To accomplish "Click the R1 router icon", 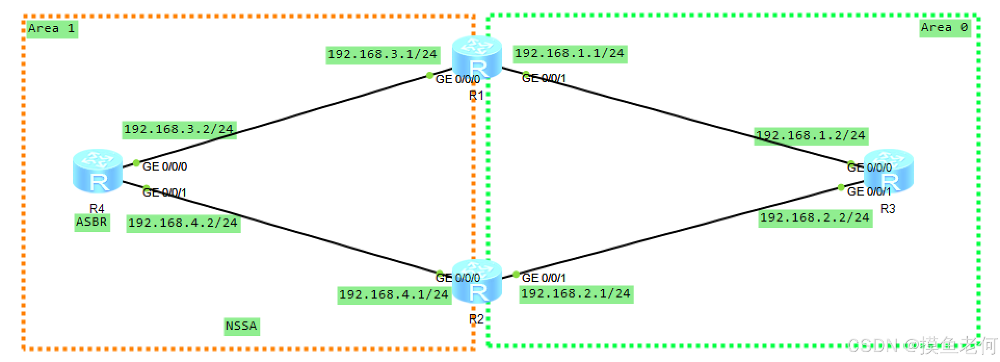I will pos(477,57).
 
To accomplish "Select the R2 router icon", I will pos(477,281).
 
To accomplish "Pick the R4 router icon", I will pos(97,170).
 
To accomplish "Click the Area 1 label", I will pos(51,29).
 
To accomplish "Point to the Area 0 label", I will pos(944,28).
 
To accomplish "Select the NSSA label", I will pos(241,326).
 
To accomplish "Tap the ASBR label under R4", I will pos(91,223).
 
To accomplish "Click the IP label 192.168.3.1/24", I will pos(383,55).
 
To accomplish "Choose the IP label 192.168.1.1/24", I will pos(570,54).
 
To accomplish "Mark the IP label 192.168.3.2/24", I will pos(179,129).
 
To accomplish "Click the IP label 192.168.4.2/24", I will pos(183,223).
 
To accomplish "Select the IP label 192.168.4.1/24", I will pos(393,295).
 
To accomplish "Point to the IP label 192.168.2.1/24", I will pos(576,294).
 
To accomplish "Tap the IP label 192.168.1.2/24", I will pos(810,136).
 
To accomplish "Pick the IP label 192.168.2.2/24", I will pos(814,218).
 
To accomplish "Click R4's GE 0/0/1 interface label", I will pos(164,193).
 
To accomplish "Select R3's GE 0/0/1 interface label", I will pos(869,192).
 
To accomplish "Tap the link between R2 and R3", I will pos(676,231).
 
